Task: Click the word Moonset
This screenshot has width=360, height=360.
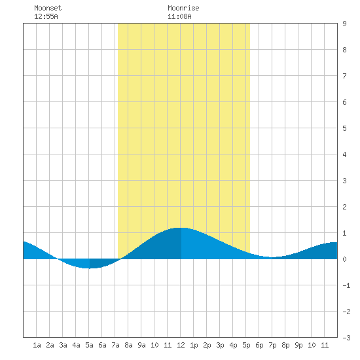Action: click(x=48, y=8)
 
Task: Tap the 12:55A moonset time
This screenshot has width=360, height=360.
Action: click(x=46, y=16)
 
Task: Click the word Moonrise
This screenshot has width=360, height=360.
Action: click(x=183, y=8)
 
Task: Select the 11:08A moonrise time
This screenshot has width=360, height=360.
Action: click(x=179, y=16)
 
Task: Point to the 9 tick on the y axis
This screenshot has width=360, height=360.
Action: click(x=344, y=24)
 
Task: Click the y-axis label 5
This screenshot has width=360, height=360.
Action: click(x=344, y=128)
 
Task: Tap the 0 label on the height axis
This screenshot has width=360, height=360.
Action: click(x=344, y=259)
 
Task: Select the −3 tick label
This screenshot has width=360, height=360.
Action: click(x=346, y=338)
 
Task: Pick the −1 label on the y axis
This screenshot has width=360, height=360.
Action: click(x=346, y=285)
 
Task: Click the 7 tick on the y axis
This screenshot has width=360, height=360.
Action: click(x=344, y=76)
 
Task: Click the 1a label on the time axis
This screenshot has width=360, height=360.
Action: click(x=37, y=345)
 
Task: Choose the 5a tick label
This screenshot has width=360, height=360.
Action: click(x=89, y=345)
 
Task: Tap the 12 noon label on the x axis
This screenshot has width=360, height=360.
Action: click(x=181, y=345)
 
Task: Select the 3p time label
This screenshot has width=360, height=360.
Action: click(x=220, y=345)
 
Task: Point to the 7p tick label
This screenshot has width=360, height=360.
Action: click(x=272, y=345)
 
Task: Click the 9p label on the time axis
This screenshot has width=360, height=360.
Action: click(x=298, y=345)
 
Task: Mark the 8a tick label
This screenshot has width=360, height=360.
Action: click(x=128, y=345)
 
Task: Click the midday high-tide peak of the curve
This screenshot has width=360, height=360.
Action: click(x=181, y=228)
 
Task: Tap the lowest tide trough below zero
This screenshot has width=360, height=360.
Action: click(x=89, y=268)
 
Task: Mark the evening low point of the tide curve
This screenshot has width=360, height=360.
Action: click(x=272, y=257)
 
